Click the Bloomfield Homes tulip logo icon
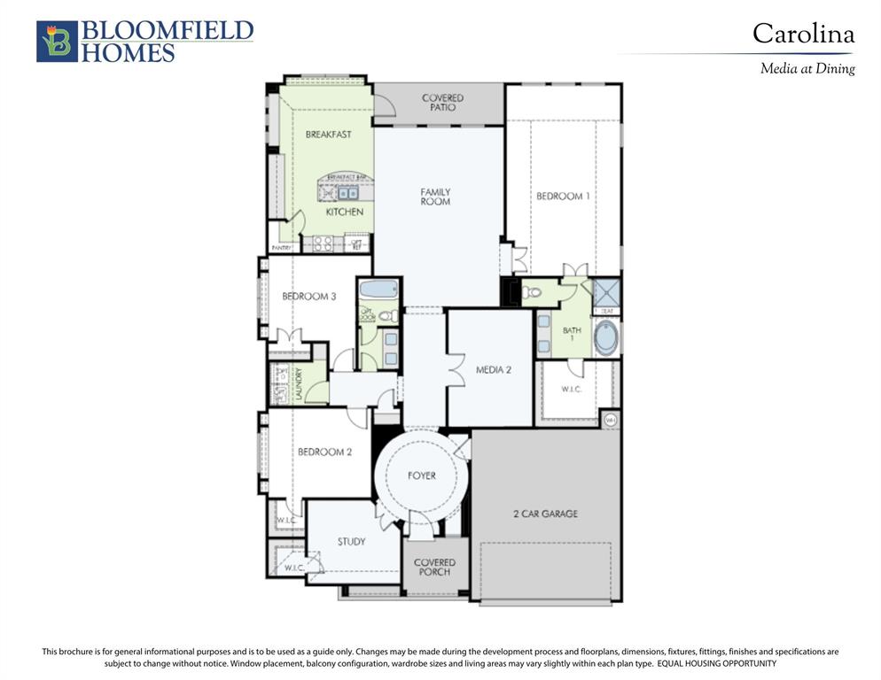57,42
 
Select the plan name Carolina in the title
803,34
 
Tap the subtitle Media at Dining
807,68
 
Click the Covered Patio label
442,102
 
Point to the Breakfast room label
328,135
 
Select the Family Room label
435,197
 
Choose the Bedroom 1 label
562,196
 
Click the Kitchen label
344,212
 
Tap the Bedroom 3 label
308,297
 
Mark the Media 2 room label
493,370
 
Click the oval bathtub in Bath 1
605,338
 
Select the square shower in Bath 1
606,292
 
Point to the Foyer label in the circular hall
421,475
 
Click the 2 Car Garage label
545,514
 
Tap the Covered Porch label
434,567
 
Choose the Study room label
351,541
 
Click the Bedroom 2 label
324,452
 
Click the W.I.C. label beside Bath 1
572,390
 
